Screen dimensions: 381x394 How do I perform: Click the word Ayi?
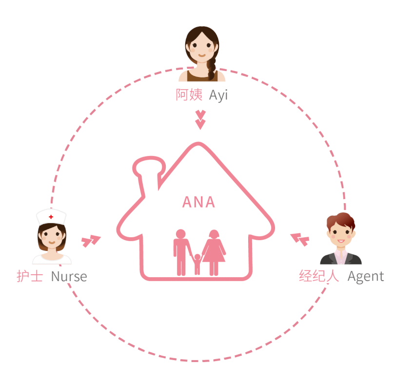[x=218, y=95]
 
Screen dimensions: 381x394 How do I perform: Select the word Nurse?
[x=69, y=277]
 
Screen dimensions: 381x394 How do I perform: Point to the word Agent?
[x=365, y=277]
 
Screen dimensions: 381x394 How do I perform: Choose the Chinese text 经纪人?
[x=319, y=277]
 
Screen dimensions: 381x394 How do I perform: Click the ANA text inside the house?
[x=198, y=202]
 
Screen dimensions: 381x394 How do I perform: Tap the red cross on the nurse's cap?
[x=51, y=216]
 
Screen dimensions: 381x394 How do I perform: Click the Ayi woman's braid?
[x=212, y=68]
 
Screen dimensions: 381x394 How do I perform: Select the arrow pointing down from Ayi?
[x=200, y=119]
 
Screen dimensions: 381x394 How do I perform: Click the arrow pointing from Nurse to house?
[x=91, y=240]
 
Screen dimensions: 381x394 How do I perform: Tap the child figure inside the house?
[x=197, y=263]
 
